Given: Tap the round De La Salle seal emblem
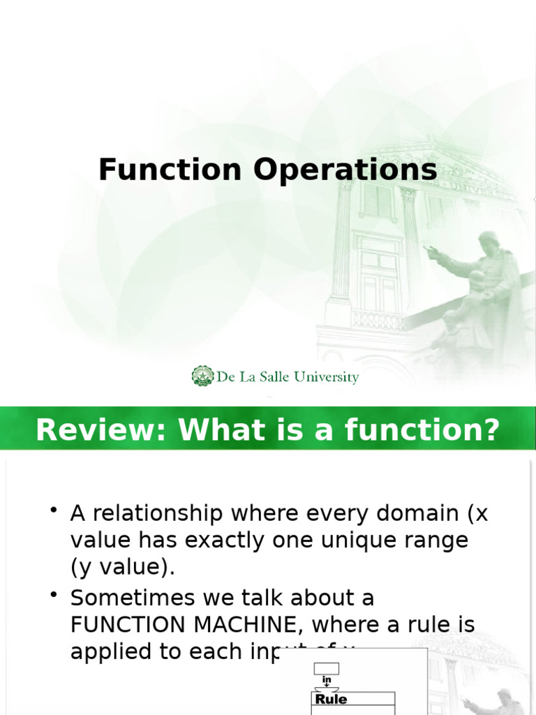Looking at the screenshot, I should pyautogui.click(x=202, y=376).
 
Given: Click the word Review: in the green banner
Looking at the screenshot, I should pyautogui.click(x=102, y=430).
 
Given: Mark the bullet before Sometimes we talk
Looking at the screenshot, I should pyautogui.click(x=54, y=596).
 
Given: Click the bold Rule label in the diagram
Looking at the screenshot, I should pyautogui.click(x=331, y=699).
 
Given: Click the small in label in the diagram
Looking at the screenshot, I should pyautogui.click(x=326, y=679).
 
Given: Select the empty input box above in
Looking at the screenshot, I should pyautogui.click(x=326, y=668).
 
